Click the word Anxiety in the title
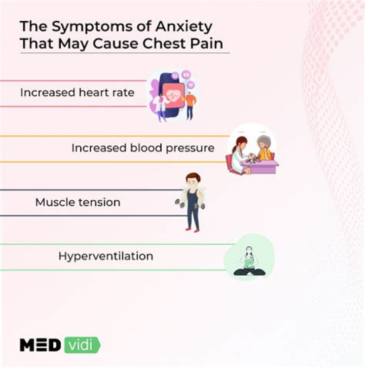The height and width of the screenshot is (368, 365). [x=184, y=27]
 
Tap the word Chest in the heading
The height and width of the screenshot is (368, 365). [x=164, y=44]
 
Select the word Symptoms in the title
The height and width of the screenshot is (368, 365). [x=92, y=27]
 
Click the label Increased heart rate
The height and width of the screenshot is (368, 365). [x=77, y=92]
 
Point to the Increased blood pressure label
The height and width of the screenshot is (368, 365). [x=143, y=148]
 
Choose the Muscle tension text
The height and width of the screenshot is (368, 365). [x=78, y=202]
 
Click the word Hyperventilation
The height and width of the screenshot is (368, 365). [x=106, y=256]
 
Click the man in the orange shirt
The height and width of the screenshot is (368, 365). [x=191, y=105]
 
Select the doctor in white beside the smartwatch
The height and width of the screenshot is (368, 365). [x=160, y=107]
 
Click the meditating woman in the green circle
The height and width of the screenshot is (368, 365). [x=249, y=261]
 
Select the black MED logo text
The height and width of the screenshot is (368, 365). [x=40, y=345]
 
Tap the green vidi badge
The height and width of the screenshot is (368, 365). [x=82, y=345]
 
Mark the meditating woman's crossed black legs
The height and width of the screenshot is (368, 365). [x=249, y=272]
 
